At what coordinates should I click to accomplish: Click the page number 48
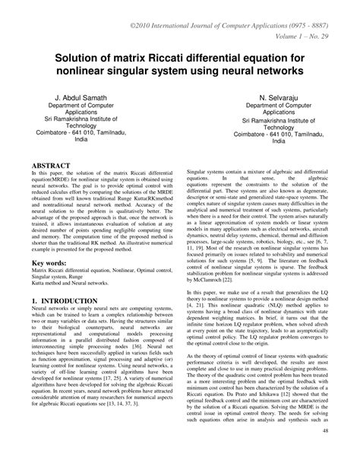(347, 455)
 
